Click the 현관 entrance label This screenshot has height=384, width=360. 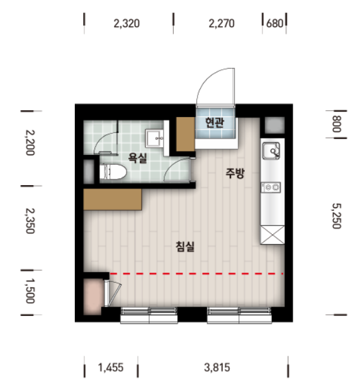pos(214,123)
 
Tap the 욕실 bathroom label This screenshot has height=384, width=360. pos(138,158)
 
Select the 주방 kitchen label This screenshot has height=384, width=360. pos(235,173)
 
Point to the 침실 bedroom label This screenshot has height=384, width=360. pos(185,247)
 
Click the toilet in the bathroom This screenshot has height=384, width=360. pos(113,171)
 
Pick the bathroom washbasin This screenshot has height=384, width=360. pos(154,138)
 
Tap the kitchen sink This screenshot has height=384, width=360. pos(271,151)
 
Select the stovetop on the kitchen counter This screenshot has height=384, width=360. pos(271,188)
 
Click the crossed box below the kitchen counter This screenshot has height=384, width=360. pos(273,235)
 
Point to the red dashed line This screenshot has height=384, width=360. pos(196,274)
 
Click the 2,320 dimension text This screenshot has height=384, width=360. pos(127,23)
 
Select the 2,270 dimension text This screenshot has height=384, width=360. pos(222,23)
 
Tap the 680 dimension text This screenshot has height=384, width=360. pos(274,23)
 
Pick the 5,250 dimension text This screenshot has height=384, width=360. pos(337,216)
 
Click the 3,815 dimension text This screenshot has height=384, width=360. pos(217,368)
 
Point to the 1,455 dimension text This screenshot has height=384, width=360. pos(111,368)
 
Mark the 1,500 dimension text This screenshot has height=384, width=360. pos(30,291)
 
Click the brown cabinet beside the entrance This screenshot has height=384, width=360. pos(186,134)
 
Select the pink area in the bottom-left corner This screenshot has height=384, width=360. pos(93,296)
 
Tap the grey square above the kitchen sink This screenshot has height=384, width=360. pos(275,125)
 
